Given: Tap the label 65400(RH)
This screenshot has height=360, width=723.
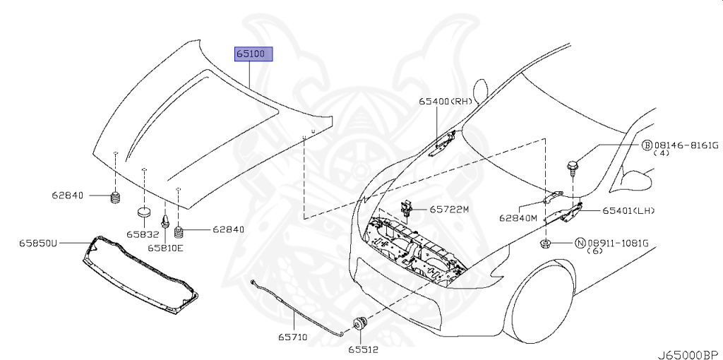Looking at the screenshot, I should [x=445, y=102].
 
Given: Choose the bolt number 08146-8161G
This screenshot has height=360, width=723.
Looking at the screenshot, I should [x=684, y=145].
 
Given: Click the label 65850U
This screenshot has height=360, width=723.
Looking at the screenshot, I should [x=38, y=243].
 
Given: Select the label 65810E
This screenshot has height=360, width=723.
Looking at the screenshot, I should [x=165, y=248].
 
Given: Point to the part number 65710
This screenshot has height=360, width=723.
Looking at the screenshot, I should [x=292, y=337].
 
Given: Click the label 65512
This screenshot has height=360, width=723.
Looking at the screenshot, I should [x=361, y=348].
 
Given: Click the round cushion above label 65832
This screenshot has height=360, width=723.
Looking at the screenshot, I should [x=144, y=211].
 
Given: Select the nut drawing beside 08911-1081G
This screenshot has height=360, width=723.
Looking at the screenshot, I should [x=546, y=244].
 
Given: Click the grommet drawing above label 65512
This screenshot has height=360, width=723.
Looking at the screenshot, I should [x=359, y=324].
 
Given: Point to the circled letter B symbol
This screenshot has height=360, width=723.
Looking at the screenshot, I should [x=646, y=145].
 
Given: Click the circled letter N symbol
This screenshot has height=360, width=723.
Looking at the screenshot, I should [x=580, y=242].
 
